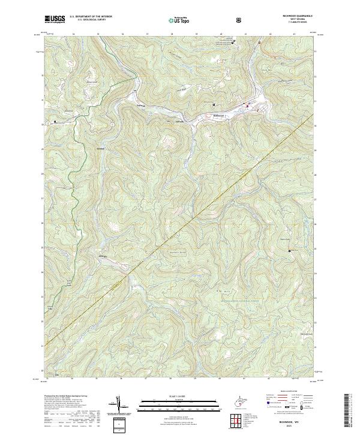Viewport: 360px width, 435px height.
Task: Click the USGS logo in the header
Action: coord(55,19)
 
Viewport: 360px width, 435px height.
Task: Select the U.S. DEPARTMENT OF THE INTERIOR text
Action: coord(90,17)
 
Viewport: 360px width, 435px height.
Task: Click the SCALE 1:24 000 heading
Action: coord(179,395)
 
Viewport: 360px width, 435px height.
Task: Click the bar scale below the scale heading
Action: coord(179,401)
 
